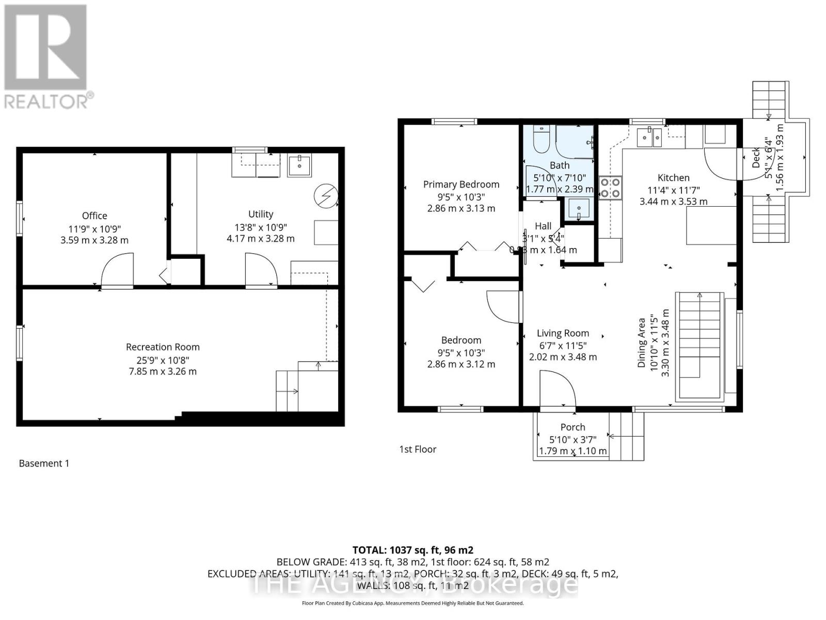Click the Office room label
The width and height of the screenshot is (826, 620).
tap(94, 215)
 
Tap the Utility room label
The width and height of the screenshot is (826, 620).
tap(260, 214)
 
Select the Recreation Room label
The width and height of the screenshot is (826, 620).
tap(163, 347)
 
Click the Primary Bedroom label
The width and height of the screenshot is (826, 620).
tap(461, 184)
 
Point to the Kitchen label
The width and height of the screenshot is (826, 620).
tap(673, 178)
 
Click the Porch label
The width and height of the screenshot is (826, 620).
tap(573, 427)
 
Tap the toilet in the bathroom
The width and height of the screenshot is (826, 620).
tap(541, 141)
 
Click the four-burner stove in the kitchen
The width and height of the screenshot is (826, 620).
tap(610, 188)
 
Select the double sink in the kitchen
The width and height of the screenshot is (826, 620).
tap(649, 137)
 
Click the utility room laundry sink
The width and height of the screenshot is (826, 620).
tap(299, 166)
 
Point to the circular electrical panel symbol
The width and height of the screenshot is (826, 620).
tap(325, 195)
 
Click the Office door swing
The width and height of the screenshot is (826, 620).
tap(118, 270)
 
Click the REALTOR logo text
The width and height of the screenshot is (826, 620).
tap(49, 101)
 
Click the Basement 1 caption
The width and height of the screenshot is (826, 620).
tap(44, 463)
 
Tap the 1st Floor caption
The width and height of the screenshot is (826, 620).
tap(418, 450)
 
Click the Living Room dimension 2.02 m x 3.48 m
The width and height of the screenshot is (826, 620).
tap(563, 357)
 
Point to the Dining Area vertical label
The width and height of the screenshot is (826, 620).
tap(642, 343)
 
